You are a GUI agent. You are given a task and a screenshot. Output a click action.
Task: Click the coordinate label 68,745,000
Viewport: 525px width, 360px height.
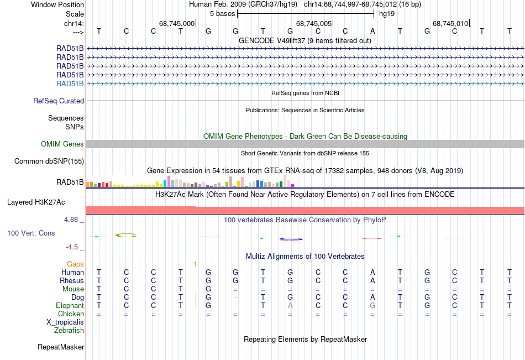[177, 24]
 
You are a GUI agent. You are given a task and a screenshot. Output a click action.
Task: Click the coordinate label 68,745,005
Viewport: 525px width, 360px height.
[314, 24]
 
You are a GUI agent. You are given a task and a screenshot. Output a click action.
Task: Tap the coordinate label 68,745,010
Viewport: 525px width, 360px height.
[451, 24]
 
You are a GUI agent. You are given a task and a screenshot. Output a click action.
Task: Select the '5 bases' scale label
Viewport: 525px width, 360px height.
[222, 13]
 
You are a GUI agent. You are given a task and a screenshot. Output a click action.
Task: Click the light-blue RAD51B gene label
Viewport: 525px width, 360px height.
[70, 84]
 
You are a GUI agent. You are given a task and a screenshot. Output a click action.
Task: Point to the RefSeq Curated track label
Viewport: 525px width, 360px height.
[59, 101]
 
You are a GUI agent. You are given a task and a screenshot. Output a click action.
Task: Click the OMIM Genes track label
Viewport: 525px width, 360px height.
[62, 144]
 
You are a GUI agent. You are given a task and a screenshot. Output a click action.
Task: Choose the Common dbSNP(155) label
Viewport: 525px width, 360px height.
[49, 161]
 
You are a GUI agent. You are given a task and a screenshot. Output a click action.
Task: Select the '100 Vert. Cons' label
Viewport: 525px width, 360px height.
[31, 233]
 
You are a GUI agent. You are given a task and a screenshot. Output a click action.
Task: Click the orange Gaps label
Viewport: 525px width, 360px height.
[75, 264]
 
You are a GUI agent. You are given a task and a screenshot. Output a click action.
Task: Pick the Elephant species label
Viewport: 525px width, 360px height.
[70, 305]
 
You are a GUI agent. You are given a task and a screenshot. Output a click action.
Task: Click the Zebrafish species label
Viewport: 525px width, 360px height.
[69, 331]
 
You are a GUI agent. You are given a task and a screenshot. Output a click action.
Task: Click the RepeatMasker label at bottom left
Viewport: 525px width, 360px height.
[61, 347]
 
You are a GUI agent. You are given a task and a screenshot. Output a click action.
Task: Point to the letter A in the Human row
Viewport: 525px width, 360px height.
[372, 272]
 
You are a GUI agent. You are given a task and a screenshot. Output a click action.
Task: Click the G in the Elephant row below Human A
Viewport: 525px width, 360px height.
[372, 305]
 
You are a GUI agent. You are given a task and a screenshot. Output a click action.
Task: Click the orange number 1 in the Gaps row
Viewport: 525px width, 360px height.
[195, 264]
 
